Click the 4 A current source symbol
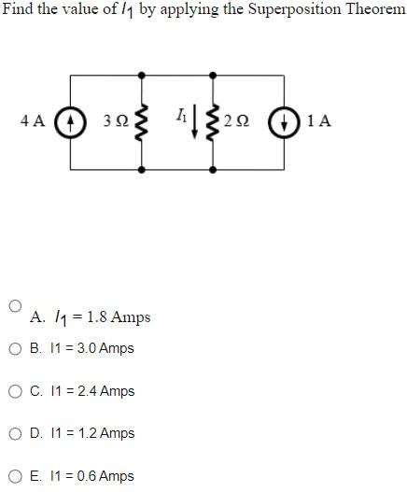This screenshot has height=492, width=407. (x=67, y=122)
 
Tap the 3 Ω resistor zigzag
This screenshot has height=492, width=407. (x=142, y=122)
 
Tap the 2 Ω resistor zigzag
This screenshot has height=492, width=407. (x=214, y=122)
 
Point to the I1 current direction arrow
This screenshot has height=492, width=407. (x=194, y=122)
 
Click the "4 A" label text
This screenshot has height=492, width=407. (x=33, y=121)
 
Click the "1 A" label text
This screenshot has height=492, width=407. (x=317, y=121)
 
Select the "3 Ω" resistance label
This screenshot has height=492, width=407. (x=116, y=121)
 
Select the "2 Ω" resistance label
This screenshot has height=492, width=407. (x=238, y=121)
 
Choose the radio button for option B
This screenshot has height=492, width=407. (x=15, y=349)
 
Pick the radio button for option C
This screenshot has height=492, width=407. (x=15, y=391)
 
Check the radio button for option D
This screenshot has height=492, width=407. (x=15, y=433)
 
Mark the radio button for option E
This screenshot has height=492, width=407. (x=15, y=476)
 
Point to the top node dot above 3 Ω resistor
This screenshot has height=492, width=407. (x=142, y=76)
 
